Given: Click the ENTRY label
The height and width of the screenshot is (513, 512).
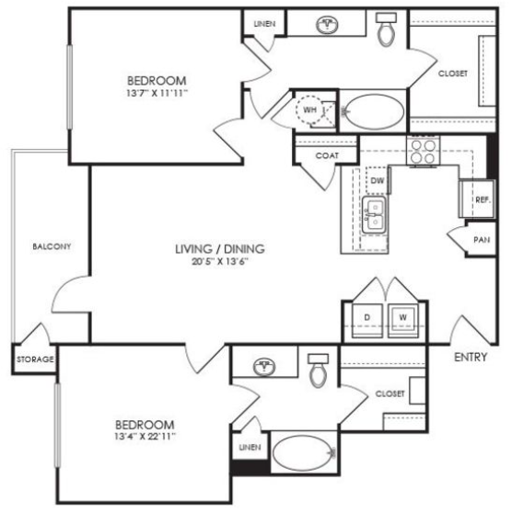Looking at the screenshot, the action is coord(471,357).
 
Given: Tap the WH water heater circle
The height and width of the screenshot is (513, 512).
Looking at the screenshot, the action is coord(309,109).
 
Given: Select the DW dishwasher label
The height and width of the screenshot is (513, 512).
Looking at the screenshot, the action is coord(378,180).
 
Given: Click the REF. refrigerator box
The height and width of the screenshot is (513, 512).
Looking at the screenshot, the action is coord(477,199).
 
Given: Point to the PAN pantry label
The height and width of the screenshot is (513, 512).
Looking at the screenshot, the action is coord(482,240).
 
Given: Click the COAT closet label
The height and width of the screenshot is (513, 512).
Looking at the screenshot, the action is coord(327,155).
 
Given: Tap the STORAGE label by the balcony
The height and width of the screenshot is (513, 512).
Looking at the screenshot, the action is coord(35,359).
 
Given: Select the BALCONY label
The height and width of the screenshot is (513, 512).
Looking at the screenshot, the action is coord(52,246).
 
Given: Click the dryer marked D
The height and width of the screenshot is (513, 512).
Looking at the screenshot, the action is coord(367,321).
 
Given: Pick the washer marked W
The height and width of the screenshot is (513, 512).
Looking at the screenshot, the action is coord(403,321).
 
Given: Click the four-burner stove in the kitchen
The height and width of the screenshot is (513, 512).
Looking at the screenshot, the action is coord(424,151).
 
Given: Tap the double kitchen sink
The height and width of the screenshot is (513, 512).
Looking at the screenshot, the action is coord(374,214).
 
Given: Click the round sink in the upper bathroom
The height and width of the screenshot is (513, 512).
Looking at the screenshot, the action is coord(327,25).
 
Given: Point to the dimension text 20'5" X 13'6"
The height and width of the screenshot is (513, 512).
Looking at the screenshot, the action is coord(220,261).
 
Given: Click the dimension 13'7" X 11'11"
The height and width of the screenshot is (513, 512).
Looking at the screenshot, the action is coord(157,93).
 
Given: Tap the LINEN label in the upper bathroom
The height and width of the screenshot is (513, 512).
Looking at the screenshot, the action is coord(264,24).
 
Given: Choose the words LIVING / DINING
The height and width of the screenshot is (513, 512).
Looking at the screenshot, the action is coord(220,249).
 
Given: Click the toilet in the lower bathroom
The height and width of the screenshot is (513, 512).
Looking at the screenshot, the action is coord(319,370).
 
